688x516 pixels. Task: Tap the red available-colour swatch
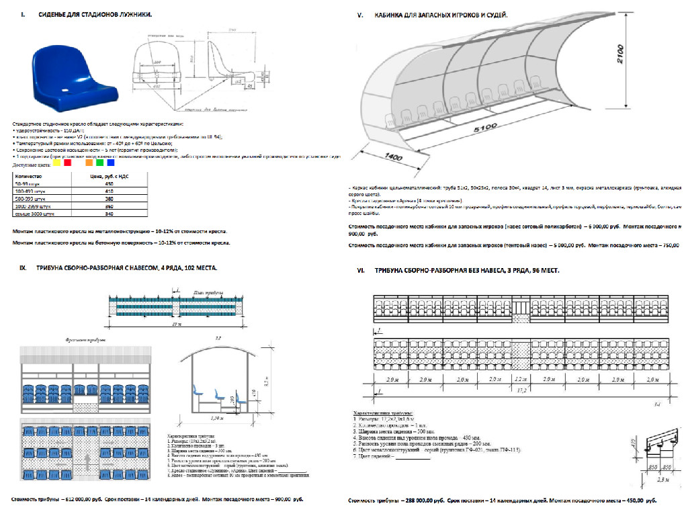[68, 162]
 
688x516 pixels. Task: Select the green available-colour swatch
[99, 162]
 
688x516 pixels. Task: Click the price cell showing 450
[109, 183]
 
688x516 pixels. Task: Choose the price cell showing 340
[109, 214]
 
